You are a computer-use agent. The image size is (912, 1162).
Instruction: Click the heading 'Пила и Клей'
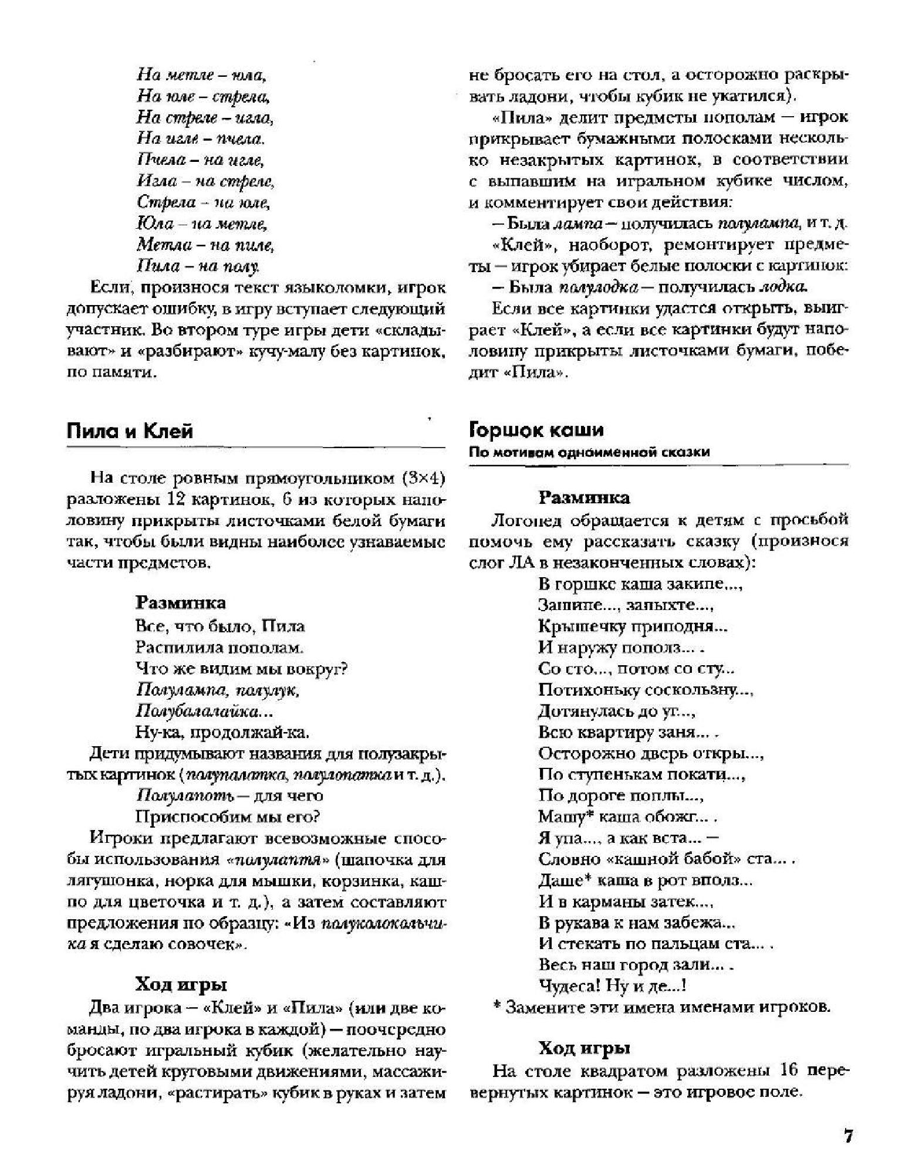pos(130,431)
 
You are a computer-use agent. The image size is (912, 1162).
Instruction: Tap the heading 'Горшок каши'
pos(536,430)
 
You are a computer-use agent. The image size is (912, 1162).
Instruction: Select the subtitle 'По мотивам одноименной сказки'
pos(589,452)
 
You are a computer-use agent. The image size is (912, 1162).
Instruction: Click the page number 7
pos(848,1135)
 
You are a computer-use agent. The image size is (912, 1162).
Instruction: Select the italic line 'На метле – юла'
pos(202,75)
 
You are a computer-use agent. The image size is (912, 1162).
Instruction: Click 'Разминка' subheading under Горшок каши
pos(585,498)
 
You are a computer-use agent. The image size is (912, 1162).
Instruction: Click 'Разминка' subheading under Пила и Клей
pos(181,602)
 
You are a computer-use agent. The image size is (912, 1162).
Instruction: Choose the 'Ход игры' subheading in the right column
pos(585,1048)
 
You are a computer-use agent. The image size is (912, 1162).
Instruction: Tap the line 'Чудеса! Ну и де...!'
pos(613,985)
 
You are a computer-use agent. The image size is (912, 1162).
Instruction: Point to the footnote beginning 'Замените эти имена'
pos(662,1007)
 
